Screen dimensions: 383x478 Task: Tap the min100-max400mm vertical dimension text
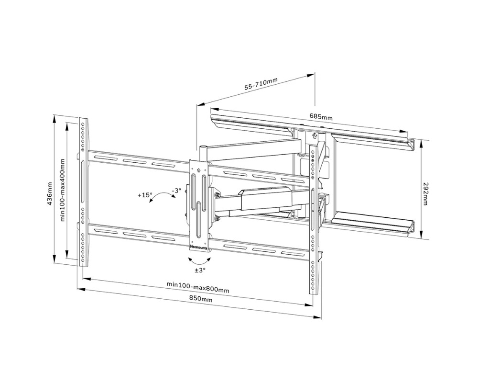62,190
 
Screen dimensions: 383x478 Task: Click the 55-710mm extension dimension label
261,85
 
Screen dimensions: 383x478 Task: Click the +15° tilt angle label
145,195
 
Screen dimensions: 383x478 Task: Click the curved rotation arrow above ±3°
199,261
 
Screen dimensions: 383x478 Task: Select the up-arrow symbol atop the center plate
197,169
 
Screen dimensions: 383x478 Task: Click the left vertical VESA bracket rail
83,191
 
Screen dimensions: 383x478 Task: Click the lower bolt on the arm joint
218,218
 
